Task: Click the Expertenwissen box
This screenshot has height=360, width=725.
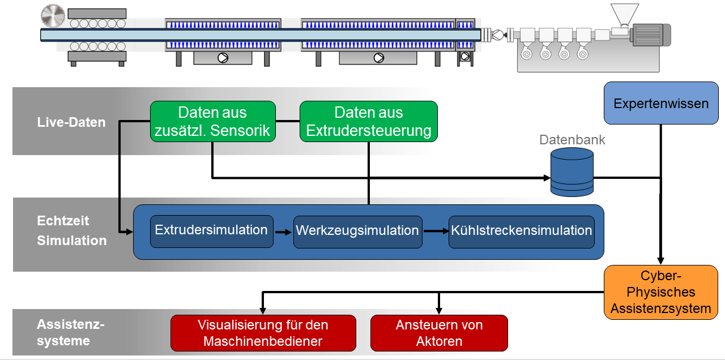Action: click(661, 104)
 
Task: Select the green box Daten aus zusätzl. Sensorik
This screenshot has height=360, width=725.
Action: click(212, 122)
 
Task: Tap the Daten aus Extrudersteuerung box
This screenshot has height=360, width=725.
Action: click(368, 122)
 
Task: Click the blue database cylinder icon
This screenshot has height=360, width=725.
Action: click(572, 172)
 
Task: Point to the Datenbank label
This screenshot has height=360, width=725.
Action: click(572, 140)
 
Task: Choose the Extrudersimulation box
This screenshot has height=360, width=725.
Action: click(211, 231)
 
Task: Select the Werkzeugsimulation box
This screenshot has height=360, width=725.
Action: click(357, 232)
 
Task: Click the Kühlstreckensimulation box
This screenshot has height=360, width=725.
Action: click(521, 232)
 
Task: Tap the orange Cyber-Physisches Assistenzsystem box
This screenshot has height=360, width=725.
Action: click(660, 292)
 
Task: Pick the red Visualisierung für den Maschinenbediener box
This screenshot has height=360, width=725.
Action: click(263, 333)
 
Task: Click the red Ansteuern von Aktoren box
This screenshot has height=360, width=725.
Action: click(439, 333)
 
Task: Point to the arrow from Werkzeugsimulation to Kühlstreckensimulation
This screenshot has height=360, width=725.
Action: click(435, 231)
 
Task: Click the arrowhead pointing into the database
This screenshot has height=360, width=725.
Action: click(547, 178)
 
